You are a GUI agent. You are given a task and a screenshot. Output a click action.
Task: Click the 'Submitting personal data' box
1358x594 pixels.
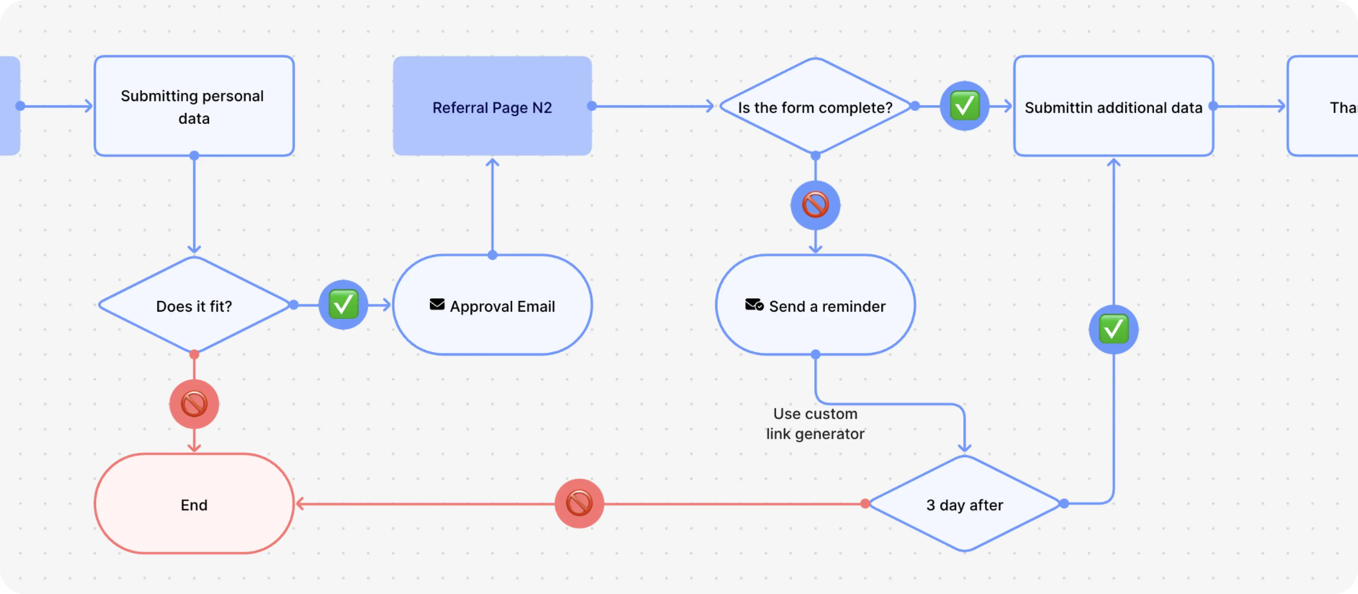click(194, 106)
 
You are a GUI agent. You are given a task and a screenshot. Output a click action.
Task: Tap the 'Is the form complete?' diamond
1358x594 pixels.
click(815, 107)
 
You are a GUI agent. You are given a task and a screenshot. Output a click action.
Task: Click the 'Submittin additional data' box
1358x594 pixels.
click(1113, 107)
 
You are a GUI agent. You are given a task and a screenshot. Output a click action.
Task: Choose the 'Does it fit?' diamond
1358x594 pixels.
click(194, 306)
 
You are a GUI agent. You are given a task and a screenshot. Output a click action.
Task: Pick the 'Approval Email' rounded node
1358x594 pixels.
click(492, 306)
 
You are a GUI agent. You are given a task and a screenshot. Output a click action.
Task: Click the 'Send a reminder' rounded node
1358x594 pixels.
click(815, 306)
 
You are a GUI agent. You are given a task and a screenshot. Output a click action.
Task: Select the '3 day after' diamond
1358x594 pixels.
click(964, 505)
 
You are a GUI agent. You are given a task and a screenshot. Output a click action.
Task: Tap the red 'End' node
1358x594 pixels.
click(194, 505)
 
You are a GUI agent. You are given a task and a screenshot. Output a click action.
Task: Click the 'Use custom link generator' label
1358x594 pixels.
click(815, 423)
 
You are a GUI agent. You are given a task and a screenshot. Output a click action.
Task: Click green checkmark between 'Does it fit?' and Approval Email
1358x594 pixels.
click(343, 305)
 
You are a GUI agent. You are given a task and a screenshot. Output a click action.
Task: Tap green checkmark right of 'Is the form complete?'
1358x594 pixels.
click(964, 106)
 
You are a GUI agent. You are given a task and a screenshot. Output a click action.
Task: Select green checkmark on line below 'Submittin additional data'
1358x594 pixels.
click(1113, 330)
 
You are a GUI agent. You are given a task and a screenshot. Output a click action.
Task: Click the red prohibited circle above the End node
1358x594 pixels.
click(194, 404)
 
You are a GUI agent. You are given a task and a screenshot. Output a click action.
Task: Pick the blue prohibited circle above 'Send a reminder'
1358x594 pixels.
click(815, 205)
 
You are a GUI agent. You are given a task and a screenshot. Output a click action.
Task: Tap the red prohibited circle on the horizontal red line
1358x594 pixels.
click(579, 503)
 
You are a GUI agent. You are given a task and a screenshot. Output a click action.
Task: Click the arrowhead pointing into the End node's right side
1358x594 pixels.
click(300, 504)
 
